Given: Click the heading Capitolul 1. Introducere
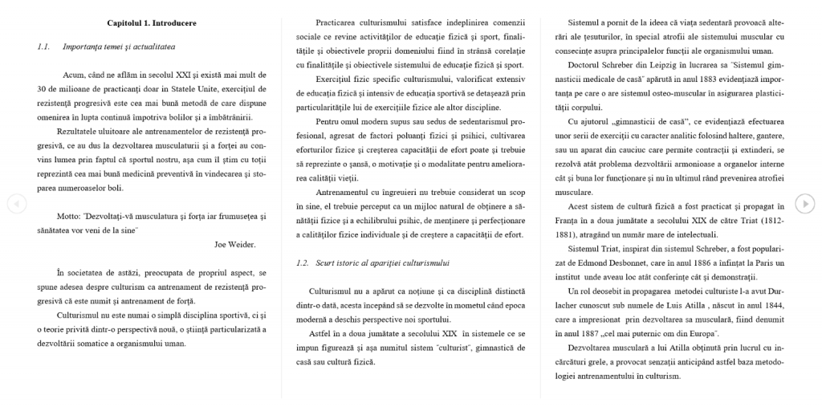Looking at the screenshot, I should click(151, 23).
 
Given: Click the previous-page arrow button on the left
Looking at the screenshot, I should click(16, 203).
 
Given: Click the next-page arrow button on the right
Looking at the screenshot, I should click(804, 203).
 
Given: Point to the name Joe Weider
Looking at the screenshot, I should click(235, 244).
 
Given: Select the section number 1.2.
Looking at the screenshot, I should click(302, 263).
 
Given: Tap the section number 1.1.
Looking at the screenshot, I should click(43, 47).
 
